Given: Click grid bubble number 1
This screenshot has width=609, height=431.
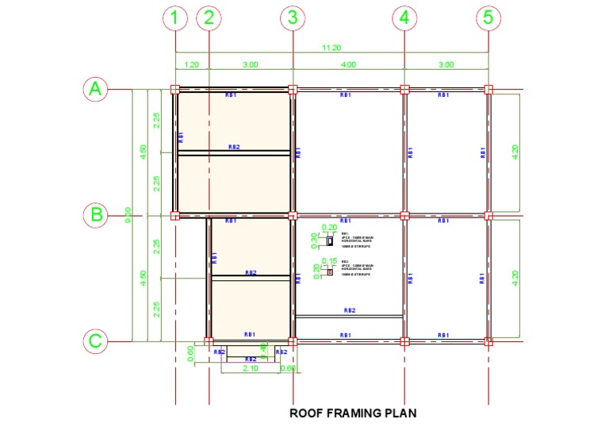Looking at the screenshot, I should tap(175, 17).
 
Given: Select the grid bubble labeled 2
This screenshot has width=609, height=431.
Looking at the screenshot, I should tap(209, 17).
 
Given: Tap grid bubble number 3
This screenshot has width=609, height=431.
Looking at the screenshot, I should tap(293, 17).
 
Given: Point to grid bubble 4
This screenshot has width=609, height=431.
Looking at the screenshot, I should tap(404, 17).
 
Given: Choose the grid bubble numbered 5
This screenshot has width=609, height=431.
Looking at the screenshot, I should tap(488, 17).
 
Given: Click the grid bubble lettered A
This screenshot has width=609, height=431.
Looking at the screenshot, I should tap(95, 90).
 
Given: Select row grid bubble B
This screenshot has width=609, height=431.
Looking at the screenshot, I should tap(95, 215).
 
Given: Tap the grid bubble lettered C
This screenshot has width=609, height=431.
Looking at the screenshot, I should tap(95, 341).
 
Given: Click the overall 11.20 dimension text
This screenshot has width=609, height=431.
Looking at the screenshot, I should tap(331, 48).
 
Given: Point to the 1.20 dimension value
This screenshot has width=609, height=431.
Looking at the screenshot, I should tap(191, 64).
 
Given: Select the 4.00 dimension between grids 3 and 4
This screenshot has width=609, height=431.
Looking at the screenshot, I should tap(348, 64).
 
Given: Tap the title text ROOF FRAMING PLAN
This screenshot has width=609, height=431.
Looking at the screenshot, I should tap(353, 413).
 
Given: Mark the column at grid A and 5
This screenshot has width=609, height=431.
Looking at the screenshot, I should tap(488, 90).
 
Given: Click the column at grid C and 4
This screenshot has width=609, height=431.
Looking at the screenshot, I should tap(404, 341).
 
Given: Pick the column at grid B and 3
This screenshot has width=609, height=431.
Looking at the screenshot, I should tap(293, 215).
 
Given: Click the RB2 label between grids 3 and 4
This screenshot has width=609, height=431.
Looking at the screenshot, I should tap(349, 310).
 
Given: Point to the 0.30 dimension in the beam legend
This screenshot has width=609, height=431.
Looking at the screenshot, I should tap(314, 237).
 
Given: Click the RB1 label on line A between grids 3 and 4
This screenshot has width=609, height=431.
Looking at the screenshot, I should tap(346, 95).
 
